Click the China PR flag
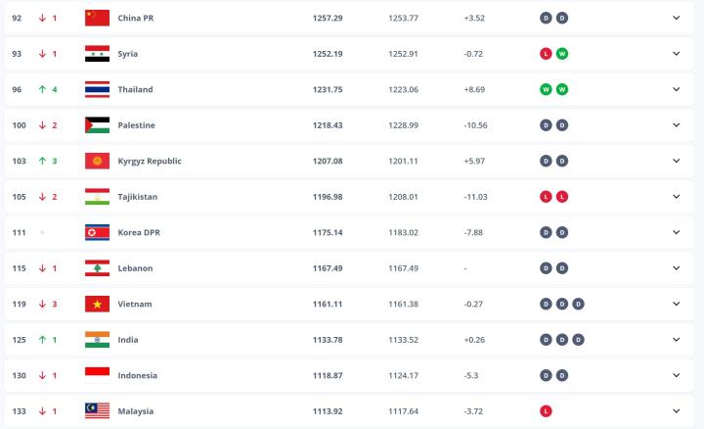[97, 18]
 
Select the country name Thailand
[135, 89]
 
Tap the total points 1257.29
[326, 18]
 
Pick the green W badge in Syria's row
[562, 54]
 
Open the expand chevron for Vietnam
[676, 304]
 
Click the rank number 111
[17, 232]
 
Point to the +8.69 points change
[475, 89]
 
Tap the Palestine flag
[97, 125]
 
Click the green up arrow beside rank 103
[42, 161]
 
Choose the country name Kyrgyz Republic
[149, 161]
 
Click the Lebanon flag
[97, 268]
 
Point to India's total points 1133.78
[326, 340]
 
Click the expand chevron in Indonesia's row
[676, 375]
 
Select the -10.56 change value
[475, 125]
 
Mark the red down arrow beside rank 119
[42, 304]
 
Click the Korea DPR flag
[97, 232]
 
